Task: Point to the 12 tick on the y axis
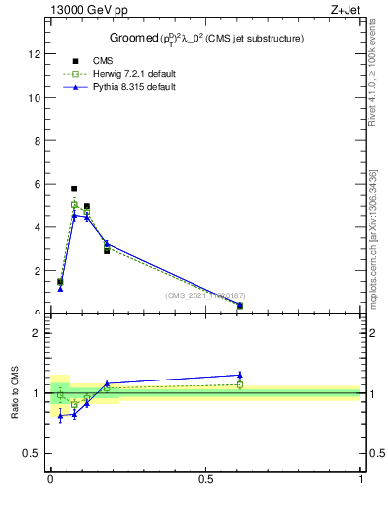[x=37, y=54]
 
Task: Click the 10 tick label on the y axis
[x=36, y=98]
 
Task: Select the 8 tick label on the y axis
[x=38, y=140]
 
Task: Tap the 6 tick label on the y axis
[x=38, y=184]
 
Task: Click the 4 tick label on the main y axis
[x=38, y=227]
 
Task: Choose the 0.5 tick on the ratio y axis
[x=35, y=453]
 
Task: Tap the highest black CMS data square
[x=74, y=188]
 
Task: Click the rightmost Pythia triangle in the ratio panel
[x=240, y=375]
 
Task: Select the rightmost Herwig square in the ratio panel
[x=240, y=384]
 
